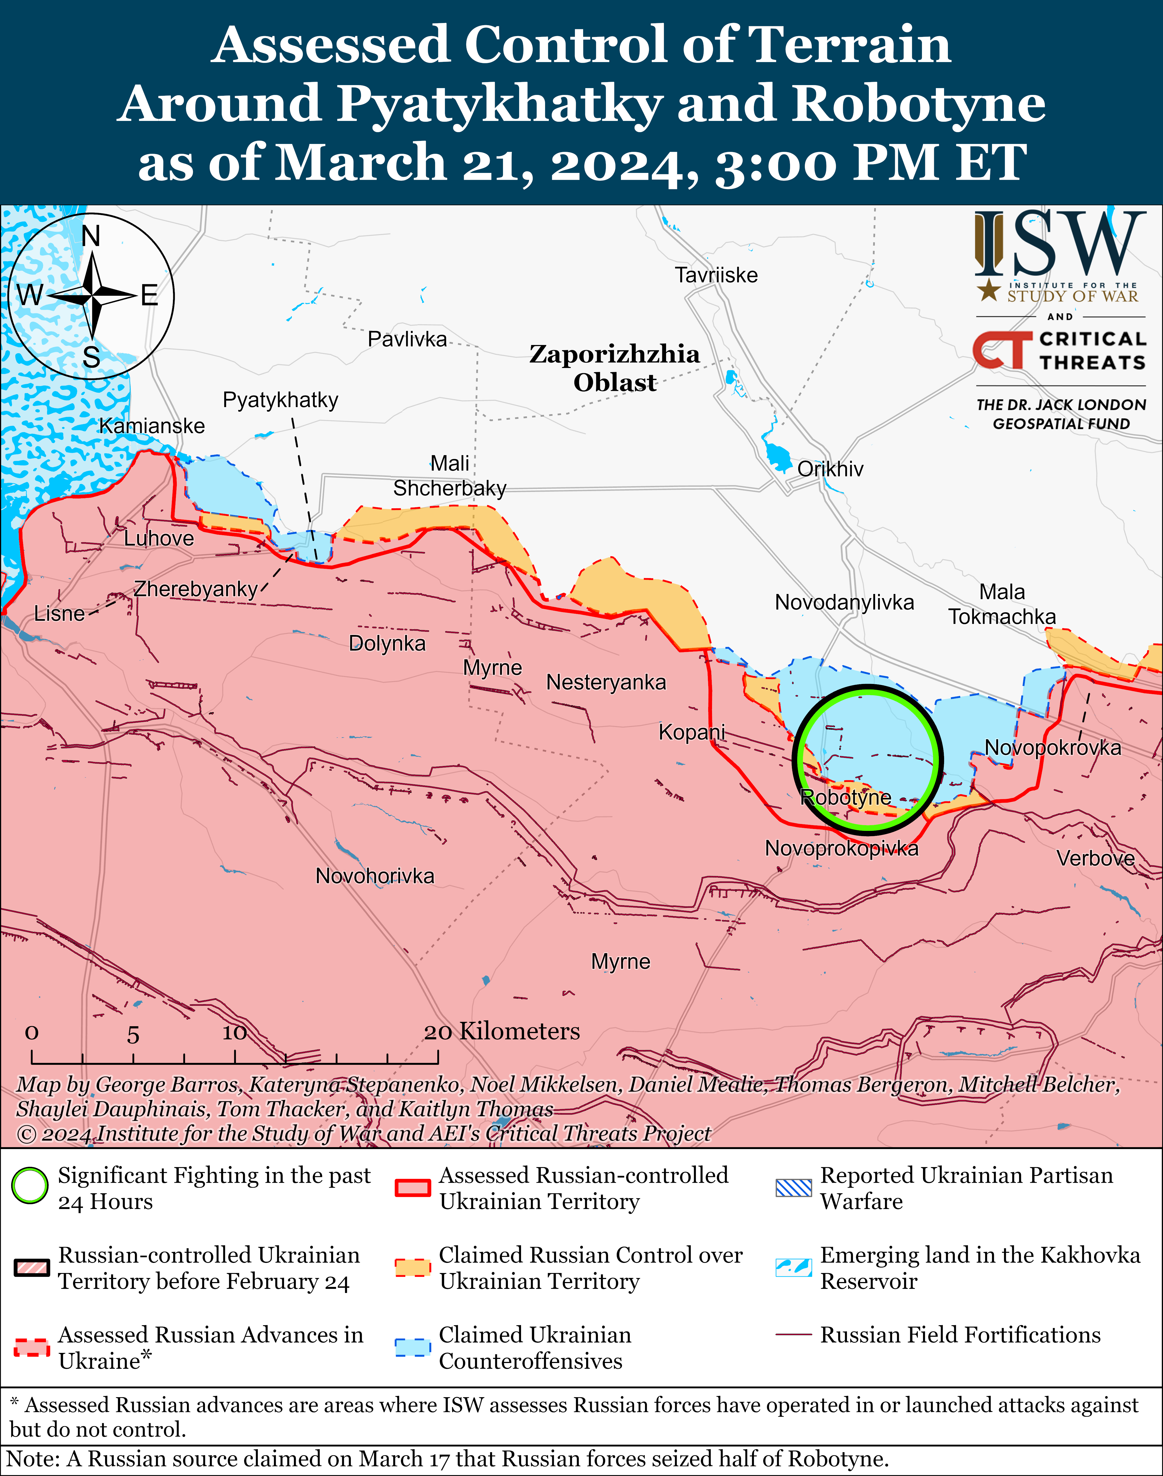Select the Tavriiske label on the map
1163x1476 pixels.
point(716,275)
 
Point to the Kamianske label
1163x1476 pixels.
point(152,426)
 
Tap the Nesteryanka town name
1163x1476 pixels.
point(606,682)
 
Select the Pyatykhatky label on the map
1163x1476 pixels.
point(280,400)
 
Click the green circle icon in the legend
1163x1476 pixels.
point(30,1186)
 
